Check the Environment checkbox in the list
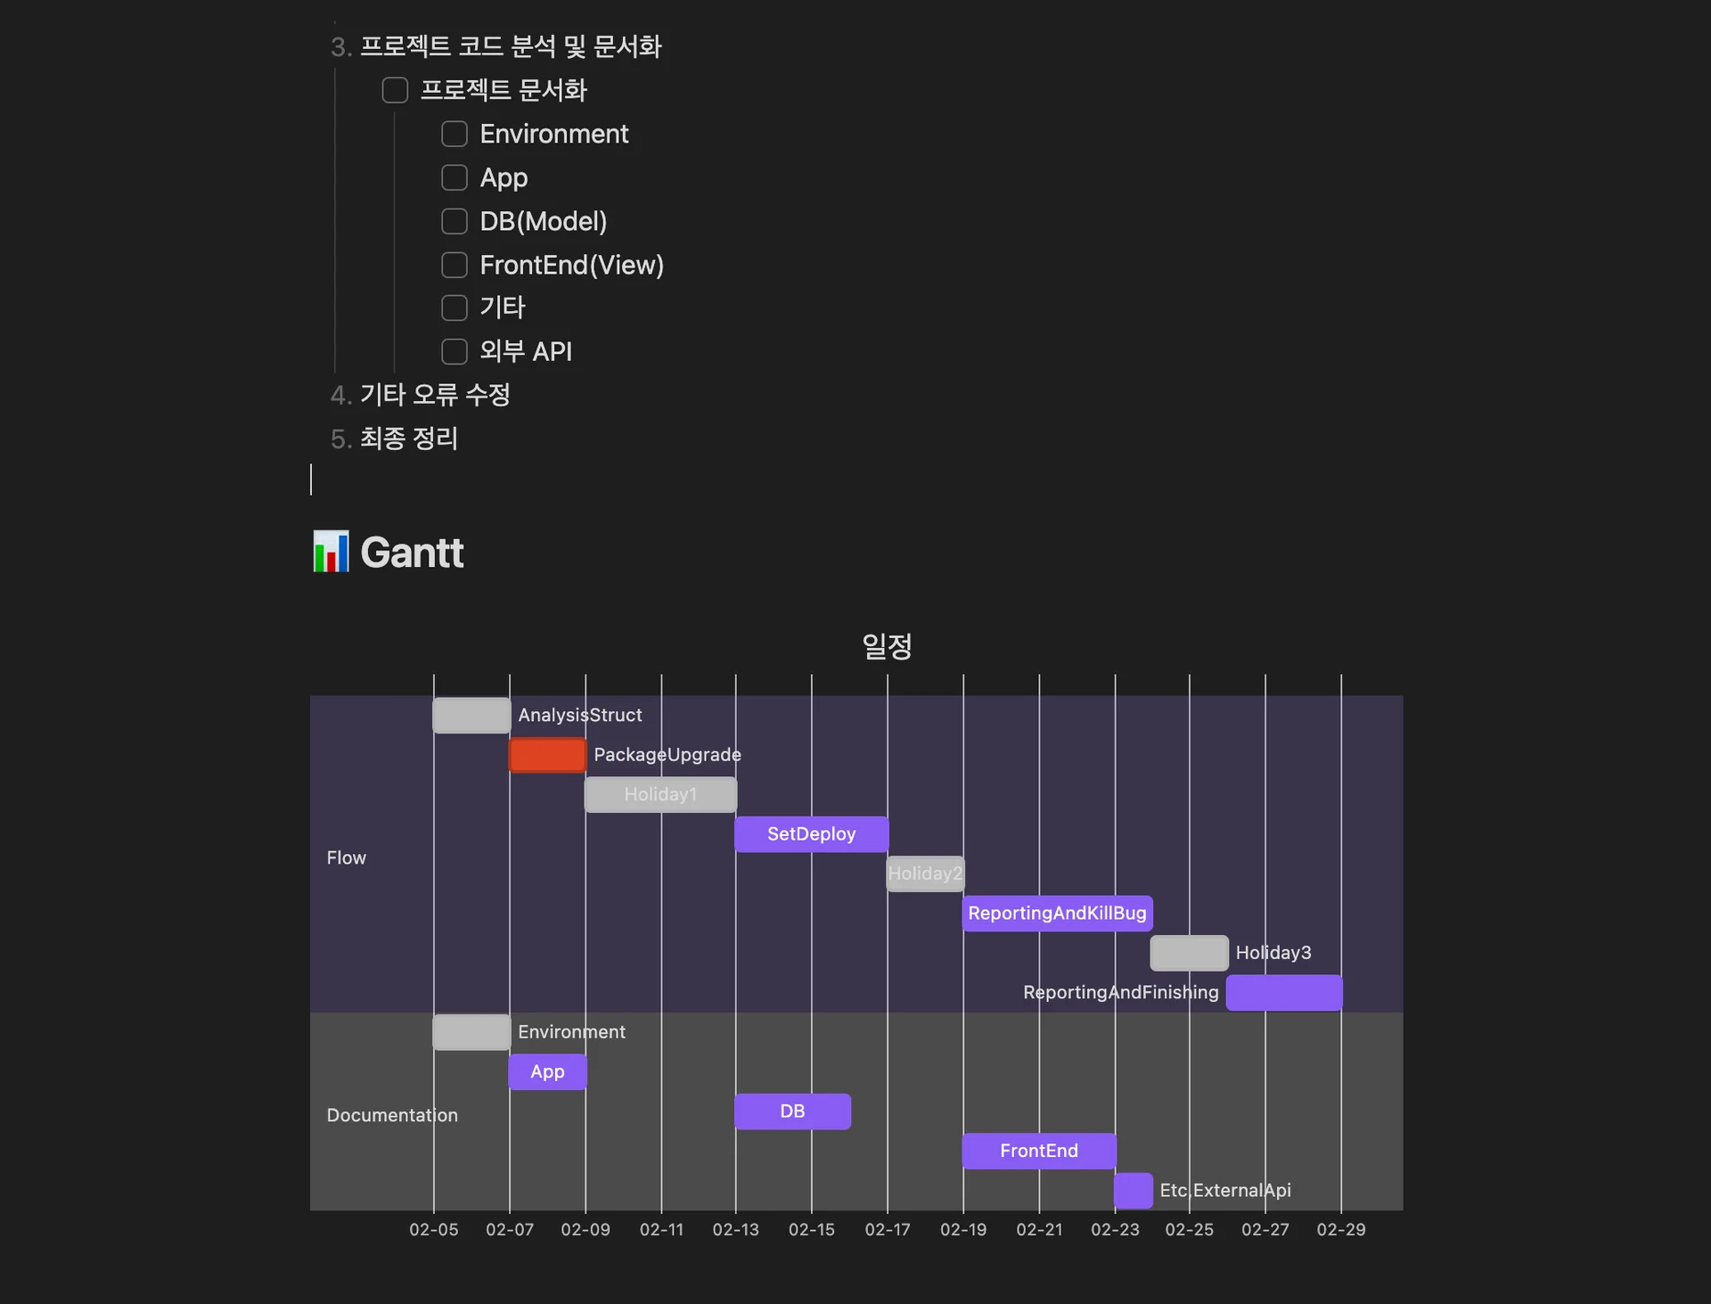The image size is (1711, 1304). click(454, 134)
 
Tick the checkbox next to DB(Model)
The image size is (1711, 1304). click(454, 221)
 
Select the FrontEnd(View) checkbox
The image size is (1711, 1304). click(454, 265)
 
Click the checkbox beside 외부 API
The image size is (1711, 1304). click(454, 351)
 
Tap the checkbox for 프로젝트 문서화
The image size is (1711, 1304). click(395, 90)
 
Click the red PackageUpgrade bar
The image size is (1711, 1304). click(547, 755)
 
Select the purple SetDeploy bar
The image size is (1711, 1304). click(811, 834)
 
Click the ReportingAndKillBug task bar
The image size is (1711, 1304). click(1057, 914)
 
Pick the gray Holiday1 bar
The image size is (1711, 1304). click(660, 794)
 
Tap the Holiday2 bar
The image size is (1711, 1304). click(925, 873)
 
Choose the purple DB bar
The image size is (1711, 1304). click(792, 1111)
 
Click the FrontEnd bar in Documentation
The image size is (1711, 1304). click(1039, 1151)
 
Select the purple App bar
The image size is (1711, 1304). click(547, 1071)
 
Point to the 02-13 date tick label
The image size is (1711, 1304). click(735, 1229)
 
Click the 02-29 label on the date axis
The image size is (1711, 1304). click(1340, 1229)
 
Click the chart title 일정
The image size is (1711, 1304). click(887, 646)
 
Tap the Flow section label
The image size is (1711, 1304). click(346, 857)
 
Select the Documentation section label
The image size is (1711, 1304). click(392, 1115)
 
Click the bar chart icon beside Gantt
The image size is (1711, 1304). click(332, 552)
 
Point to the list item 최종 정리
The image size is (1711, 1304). click(408, 439)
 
